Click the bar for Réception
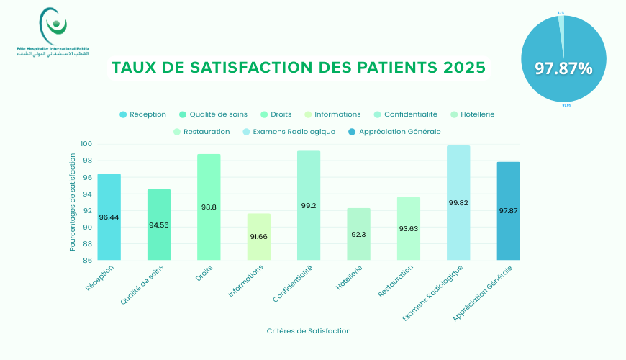tap(109, 216)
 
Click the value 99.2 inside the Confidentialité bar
tap(309, 206)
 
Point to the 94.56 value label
tap(159, 225)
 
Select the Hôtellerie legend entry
tap(472, 114)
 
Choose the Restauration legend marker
tap(178, 132)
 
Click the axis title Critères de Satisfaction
tap(309, 331)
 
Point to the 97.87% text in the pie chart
tap(563, 68)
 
